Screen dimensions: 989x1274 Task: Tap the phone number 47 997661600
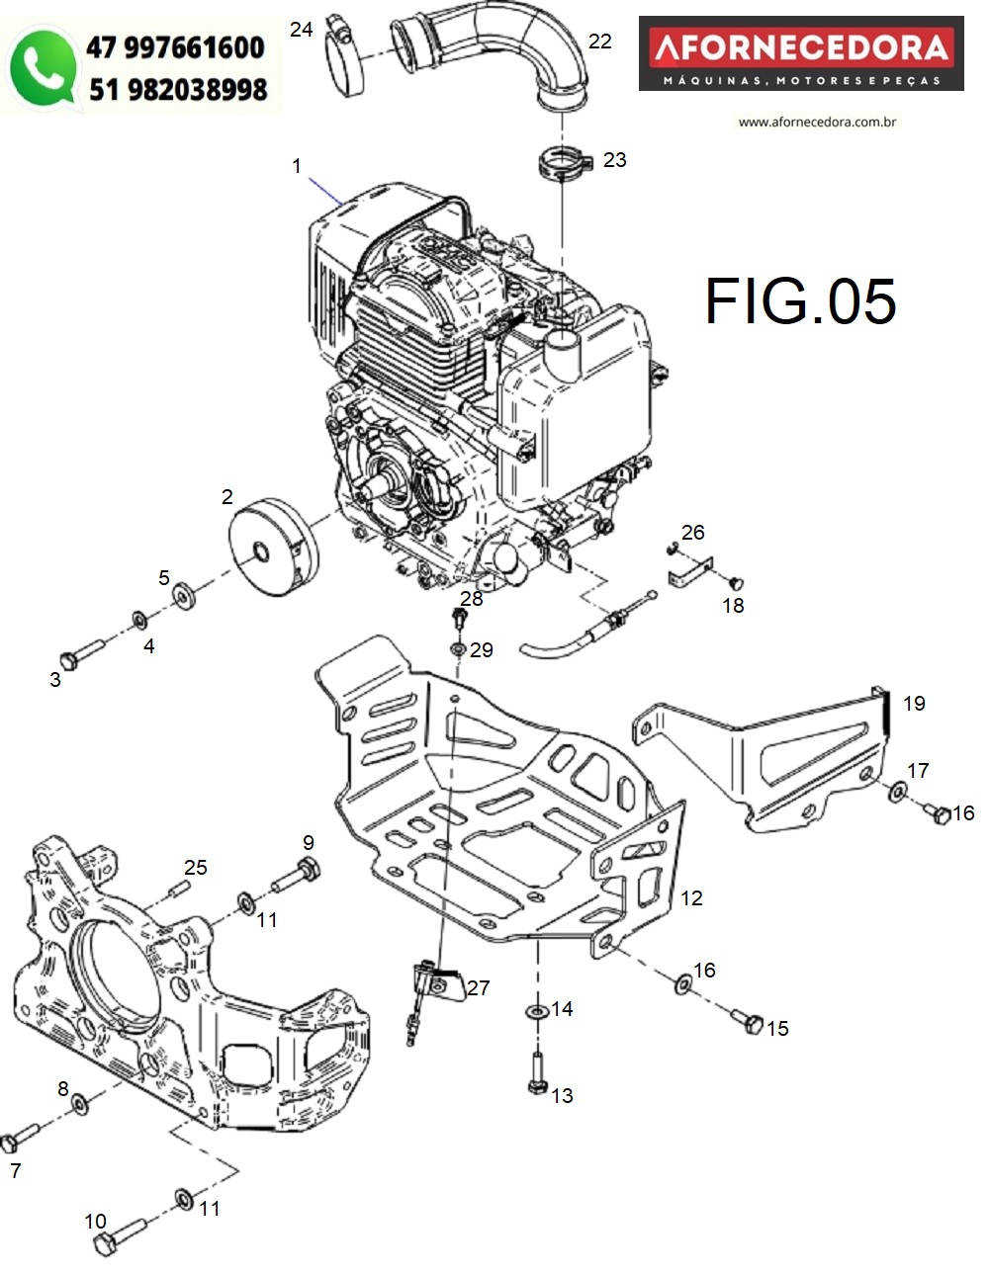(175, 47)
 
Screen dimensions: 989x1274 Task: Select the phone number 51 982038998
(178, 90)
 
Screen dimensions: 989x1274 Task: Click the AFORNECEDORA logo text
(801, 48)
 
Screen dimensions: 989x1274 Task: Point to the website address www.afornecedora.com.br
(817, 122)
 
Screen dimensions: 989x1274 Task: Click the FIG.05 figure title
(800, 301)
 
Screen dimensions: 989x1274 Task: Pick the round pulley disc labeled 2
(273, 547)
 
